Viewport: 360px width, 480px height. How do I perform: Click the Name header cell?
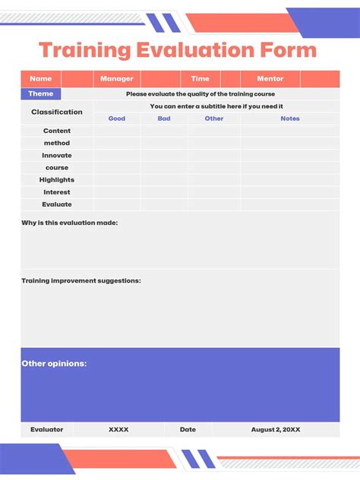[41, 79]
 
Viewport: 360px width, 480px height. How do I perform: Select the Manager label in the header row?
[117, 79]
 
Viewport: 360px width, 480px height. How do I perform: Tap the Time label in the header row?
[201, 79]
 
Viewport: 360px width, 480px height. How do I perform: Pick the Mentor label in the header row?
[270, 79]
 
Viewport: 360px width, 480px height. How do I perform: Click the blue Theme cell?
[41, 93]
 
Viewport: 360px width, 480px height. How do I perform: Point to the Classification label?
[57, 112]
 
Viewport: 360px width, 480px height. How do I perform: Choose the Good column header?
[117, 118]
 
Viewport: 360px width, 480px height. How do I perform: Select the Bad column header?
[164, 118]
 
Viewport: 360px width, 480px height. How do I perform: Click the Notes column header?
[290, 118]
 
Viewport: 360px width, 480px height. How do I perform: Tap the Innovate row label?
[57, 156]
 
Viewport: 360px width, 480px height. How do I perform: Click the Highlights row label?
[57, 180]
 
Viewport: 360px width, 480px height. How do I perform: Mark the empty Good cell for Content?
[117, 131]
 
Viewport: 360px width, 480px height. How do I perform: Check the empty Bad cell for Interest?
[164, 192]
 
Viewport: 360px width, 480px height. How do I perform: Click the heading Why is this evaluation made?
[70, 223]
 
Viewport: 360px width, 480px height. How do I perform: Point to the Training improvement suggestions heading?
[81, 280]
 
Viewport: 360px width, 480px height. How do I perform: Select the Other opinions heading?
[54, 364]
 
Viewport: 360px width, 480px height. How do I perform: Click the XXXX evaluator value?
[118, 430]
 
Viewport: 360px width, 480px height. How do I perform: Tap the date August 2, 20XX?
[276, 430]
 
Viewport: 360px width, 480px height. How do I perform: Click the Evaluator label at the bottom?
[47, 430]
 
